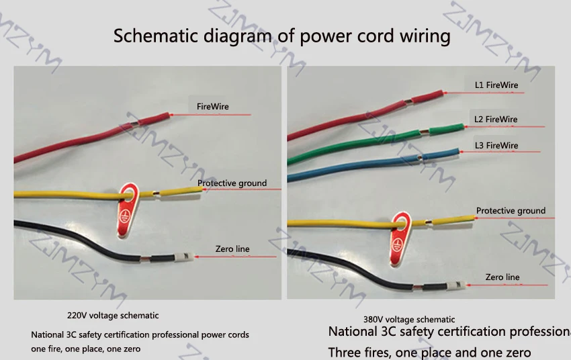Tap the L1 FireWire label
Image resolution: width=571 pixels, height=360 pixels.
[x=496, y=85]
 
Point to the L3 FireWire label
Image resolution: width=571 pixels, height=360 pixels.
[x=496, y=145]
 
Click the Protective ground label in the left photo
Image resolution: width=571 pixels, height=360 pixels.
[x=232, y=183]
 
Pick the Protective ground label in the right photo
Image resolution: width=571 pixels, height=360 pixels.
[x=511, y=211]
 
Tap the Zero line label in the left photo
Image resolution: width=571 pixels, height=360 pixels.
[x=232, y=249]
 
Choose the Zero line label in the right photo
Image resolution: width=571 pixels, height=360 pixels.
[x=502, y=277]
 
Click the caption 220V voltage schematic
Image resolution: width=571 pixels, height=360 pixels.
[x=113, y=315]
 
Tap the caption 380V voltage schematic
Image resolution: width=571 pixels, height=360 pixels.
[x=408, y=320]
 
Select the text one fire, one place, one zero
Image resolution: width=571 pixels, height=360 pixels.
[x=86, y=349]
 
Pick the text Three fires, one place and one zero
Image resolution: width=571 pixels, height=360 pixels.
[x=429, y=352]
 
